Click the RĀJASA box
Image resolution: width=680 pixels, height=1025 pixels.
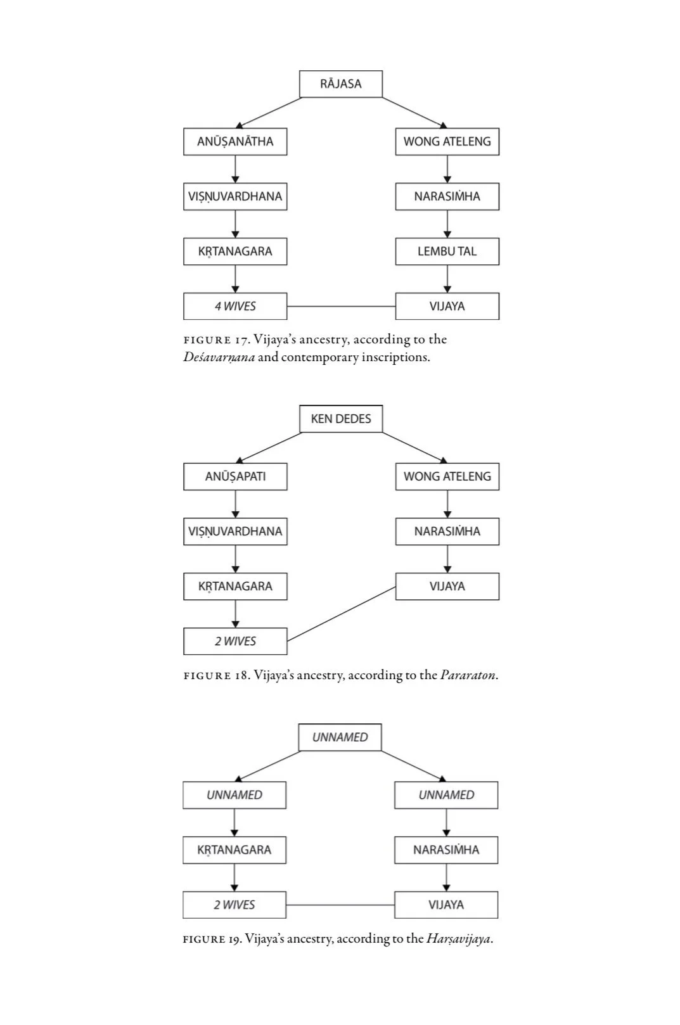click(341, 84)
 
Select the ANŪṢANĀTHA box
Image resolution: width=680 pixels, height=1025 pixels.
click(235, 141)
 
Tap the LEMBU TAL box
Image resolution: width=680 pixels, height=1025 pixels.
click(447, 251)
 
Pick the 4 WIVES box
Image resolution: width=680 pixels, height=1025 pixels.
click(235, 306)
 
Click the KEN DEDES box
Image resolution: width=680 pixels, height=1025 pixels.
click(341, 419)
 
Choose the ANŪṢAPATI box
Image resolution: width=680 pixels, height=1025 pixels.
click(235, 476)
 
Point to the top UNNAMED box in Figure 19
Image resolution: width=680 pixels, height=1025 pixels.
click(340, 737)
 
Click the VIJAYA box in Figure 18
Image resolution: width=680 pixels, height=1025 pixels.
click(447, 586)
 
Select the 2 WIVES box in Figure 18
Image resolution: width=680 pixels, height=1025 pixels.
click(235, 641)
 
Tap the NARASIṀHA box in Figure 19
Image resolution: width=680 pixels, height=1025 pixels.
click(446, 850)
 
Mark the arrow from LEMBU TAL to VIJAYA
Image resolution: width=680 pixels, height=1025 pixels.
click(447, 279)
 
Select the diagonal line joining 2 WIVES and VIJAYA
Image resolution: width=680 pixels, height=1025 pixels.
click(341, 614)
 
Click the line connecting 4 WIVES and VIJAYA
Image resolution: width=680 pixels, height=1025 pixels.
click(341, 306)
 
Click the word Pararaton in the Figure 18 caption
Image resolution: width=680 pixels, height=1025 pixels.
click(468, 675)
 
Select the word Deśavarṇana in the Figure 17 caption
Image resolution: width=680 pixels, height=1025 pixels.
click(219, 357)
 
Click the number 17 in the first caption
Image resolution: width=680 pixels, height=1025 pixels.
click(241, 340)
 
